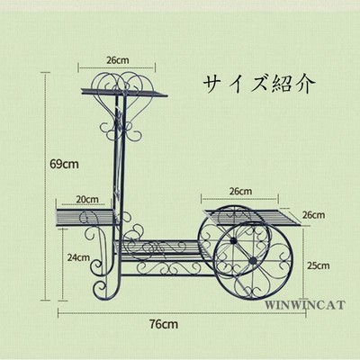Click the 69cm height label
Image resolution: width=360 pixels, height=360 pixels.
64,164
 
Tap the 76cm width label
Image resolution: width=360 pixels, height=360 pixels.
164,324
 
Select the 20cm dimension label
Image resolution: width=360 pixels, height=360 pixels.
87,199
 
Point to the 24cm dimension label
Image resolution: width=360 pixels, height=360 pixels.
78,257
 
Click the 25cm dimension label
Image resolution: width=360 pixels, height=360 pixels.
318,265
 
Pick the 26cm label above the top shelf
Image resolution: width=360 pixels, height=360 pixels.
118,60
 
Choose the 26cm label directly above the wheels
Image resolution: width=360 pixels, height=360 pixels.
240,191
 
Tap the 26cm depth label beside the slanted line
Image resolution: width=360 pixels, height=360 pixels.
313,215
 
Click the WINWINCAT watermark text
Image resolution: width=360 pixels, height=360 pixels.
305,305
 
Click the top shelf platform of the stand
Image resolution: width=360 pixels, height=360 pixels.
124,92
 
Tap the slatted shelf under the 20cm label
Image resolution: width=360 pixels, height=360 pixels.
85,217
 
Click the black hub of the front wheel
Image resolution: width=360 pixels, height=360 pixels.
254,260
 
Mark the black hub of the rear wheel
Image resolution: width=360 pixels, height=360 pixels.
232,240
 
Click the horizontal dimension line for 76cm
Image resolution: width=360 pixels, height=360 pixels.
182,313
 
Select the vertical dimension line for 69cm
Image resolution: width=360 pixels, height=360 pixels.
46,186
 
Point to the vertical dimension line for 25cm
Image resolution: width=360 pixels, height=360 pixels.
304,264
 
